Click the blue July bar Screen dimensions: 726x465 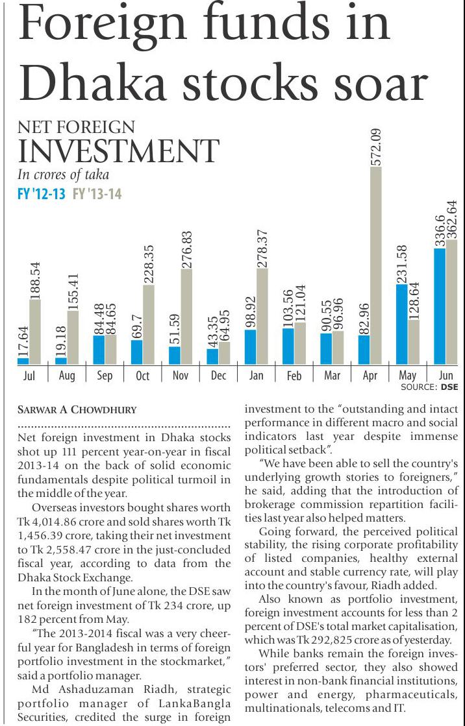point(23,361)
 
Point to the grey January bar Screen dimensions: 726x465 point(262,316)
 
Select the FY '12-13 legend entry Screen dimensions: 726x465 point(41,193)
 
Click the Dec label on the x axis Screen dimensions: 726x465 point(218,376)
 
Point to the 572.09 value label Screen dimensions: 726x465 point(376,147)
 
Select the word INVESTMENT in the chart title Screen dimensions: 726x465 point(118,152)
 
